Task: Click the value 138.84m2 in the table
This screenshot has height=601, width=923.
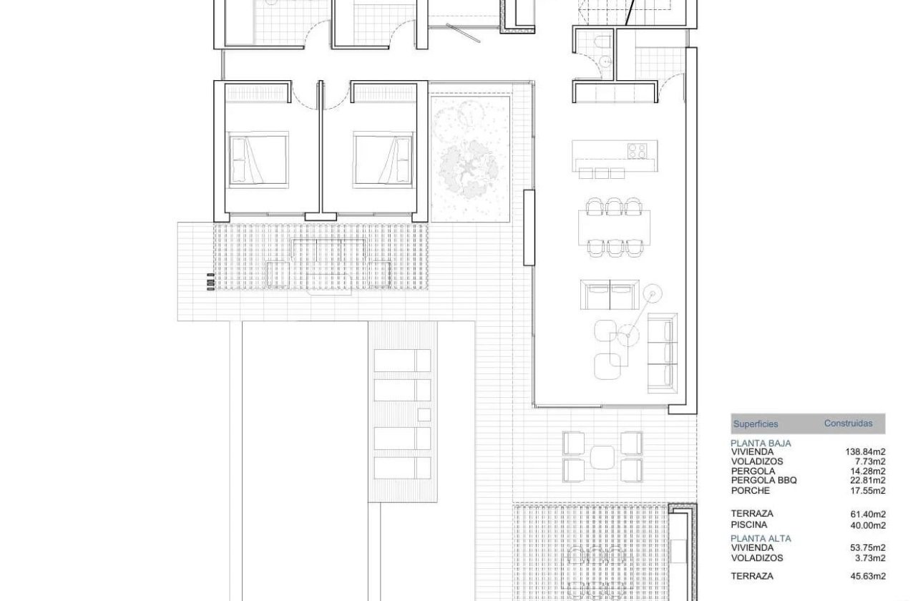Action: pyautogui.click(x=866, y=452)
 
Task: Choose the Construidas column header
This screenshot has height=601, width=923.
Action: pyautogui.click(x=848, y=424)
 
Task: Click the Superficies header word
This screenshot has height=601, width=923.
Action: pyautogui.click(x=756, y=424)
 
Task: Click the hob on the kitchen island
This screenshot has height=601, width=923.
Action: pyautogui.click(x=637, y=150)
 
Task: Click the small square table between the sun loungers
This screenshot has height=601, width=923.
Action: pyautogui.click(x=424, y=414)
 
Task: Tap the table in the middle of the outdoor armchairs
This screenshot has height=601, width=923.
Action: pyautogui.click(x=603, y=456)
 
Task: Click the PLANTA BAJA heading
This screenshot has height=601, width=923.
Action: pyautogui.click(x=761, y=444)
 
